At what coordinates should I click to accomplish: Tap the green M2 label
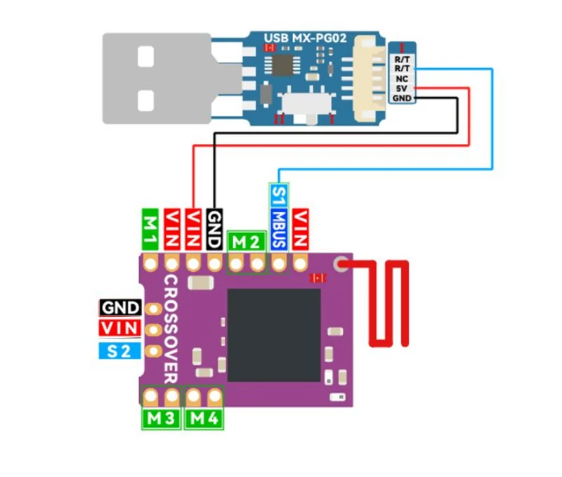tap(247, 242)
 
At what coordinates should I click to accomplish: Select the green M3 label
tap(161, 419)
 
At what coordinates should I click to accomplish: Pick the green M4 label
tap(205, 419)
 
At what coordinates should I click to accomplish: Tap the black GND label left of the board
tap(120, 308)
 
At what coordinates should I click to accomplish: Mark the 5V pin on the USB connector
tap(402, 89)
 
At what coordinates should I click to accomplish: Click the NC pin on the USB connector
tap(402, 79)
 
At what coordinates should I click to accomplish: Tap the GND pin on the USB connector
tap(402, 98)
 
